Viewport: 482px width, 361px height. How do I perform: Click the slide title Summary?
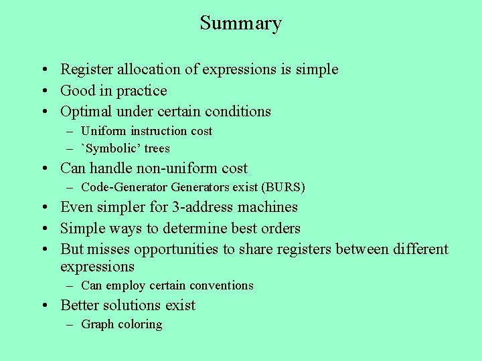click(240, 23)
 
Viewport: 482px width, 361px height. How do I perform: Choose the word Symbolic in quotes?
click(112, 148)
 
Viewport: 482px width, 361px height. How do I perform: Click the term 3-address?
click(195, 207)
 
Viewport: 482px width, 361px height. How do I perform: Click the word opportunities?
click(179, 249)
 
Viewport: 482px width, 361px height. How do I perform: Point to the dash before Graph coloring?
click(70, 325)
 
